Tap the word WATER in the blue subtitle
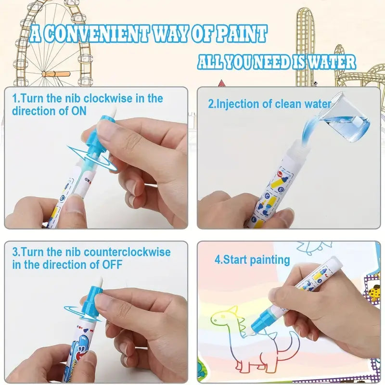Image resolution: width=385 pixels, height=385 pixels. [332, 62]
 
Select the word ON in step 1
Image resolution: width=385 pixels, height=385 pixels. [79, 111]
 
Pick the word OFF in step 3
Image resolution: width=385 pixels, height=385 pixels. [112, 265]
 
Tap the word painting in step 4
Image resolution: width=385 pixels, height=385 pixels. [270, 260]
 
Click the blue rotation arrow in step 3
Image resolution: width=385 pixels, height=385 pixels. [82, 312]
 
